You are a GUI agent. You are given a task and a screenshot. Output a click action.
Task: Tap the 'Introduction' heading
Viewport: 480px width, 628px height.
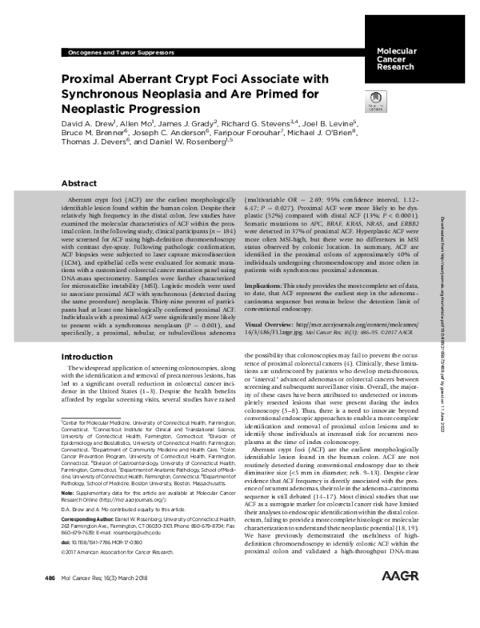point(88,354)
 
